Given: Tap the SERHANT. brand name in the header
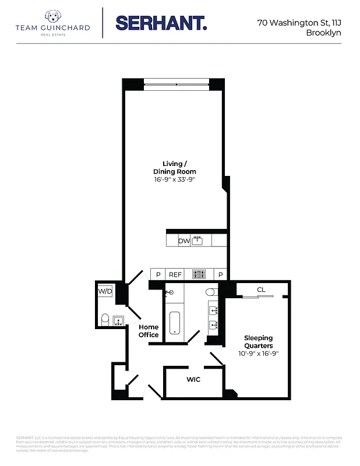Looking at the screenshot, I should [161, 23].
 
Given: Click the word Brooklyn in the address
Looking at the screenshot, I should [323, 33].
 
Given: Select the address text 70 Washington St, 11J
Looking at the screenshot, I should [299, 23].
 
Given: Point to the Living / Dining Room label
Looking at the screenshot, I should [174, 168].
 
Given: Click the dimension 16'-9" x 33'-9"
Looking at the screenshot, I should [174, 180].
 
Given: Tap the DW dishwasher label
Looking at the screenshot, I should [184, 241].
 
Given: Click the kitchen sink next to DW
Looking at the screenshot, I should [198, 240].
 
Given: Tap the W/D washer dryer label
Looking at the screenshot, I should [105, 291].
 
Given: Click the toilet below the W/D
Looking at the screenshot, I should [105, 319].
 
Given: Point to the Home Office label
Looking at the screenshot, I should [149, 331].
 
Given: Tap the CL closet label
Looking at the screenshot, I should [261, 290].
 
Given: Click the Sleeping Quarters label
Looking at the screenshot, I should [258, 342].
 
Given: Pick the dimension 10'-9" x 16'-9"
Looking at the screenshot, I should [258, 354].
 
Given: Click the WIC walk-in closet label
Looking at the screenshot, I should [193, 380].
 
